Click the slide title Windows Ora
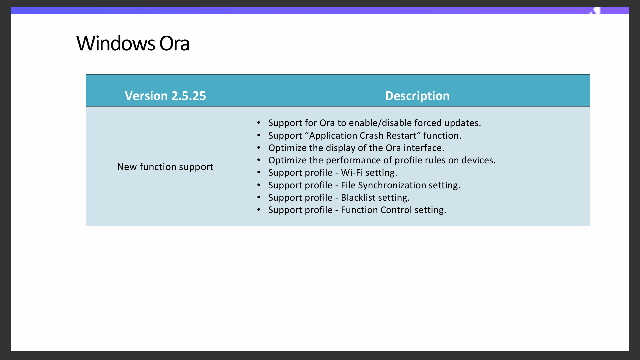point(133,43)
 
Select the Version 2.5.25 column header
point(165,96)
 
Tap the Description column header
point(417,96)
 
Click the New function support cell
point(165,167)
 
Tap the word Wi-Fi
point(352,173)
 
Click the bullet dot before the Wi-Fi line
point(259,172)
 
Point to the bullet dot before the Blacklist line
point(259,197)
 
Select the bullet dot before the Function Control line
point(259,210)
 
